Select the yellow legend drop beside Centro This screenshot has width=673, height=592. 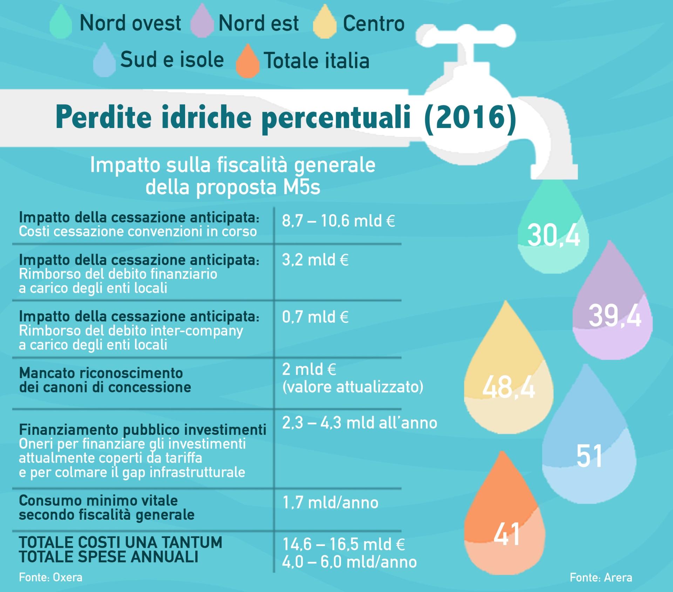coord(325,23)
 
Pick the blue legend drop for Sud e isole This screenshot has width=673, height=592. coord(104,61)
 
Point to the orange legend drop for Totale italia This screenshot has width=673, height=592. coord(247,61)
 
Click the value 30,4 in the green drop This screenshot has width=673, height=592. coord(553,236)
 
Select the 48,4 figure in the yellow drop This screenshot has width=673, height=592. coord(509,388)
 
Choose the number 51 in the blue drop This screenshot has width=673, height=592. coord(589,456)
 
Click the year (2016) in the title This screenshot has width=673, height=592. coord(470,117)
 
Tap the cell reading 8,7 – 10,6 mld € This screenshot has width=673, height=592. coord(339,221)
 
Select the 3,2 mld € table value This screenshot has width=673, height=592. coord(315,260)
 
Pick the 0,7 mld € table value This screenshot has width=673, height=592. coord(315,317)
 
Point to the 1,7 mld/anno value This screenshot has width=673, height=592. coord(330,503)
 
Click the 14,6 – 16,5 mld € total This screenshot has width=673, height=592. coord(344,544)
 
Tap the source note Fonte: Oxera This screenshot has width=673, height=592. coord(50,577)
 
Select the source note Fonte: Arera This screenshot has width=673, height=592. coord(601,577)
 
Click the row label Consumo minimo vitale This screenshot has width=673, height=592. coord(98,500)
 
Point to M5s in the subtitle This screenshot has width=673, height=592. coord(301,187)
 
